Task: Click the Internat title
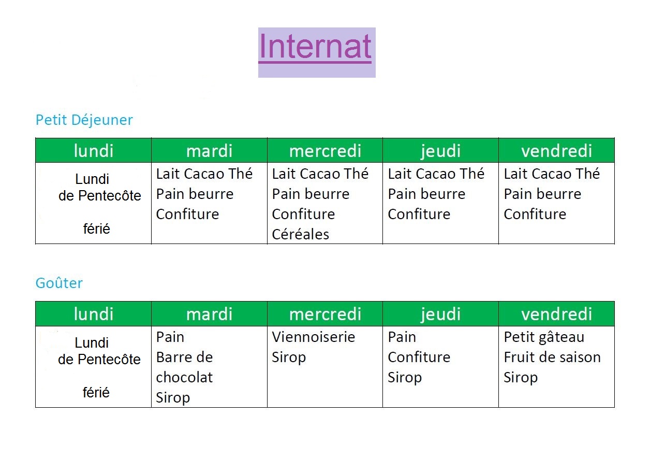[315, 46]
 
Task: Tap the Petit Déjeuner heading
[84, 120]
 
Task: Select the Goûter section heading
[59, 283]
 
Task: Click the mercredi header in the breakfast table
[325, 151]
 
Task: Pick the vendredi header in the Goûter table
[556, 314]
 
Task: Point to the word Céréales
[301, 234]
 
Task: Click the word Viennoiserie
[314, 337]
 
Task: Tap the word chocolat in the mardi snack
[185, 378]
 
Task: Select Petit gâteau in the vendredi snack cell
[544, 338]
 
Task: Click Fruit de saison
[552, 357]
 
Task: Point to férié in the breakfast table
[97, 229]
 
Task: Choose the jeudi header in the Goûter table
[441, 314]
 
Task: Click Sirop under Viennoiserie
[289, 358]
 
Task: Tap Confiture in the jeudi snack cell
[419, 357]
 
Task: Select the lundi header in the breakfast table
[94, 151]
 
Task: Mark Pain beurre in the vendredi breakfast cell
[543, 194]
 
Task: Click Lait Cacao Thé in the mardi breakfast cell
[204, 174]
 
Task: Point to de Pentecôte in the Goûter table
[99, 360]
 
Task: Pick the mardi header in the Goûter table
[209, 314]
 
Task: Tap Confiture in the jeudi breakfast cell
[419, 214]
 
